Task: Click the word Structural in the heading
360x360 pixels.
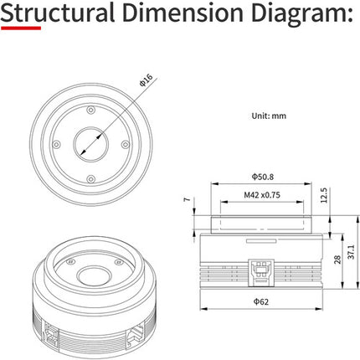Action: tap(58, 13)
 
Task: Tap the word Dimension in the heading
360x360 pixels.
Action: tap(183, 13)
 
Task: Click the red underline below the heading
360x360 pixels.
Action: tap(21, 28)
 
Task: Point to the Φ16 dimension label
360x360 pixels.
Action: tap(147, 80)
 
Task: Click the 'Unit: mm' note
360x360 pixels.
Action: tap(269, 116)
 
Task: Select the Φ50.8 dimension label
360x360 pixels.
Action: tap(262, 177)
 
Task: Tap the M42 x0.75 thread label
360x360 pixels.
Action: tap(262, 195)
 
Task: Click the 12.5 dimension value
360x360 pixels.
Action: tap(324, 195)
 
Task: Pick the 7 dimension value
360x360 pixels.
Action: tap(187, 199)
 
